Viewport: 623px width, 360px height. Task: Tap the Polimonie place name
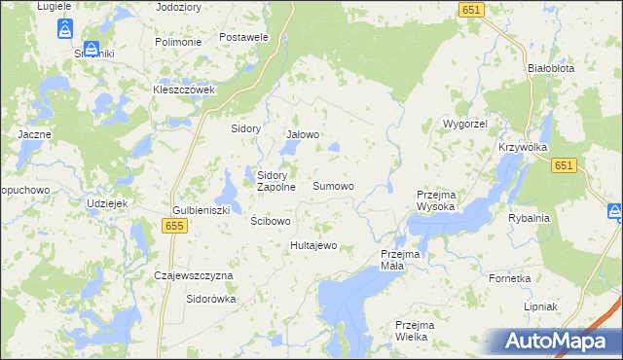(x=178, y=43)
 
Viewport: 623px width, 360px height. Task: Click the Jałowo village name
(x=303, y=134)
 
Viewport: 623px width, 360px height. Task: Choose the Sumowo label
(x=333, y=185)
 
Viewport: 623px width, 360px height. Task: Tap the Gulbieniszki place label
(x=201, y=210)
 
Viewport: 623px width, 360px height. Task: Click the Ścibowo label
(x=271, y=221)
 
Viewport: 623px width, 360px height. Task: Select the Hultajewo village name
(x=313, y=245)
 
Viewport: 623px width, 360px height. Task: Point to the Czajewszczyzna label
(x=194, y=275)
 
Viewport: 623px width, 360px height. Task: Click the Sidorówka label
(x=211, y=300)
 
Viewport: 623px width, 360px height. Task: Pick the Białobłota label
(x=550, y=69)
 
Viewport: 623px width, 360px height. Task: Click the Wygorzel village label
(x=464, y=126)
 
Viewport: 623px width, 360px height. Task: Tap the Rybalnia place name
(x=529, y=218)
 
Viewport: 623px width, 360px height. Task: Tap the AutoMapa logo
(x=556, y=341)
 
